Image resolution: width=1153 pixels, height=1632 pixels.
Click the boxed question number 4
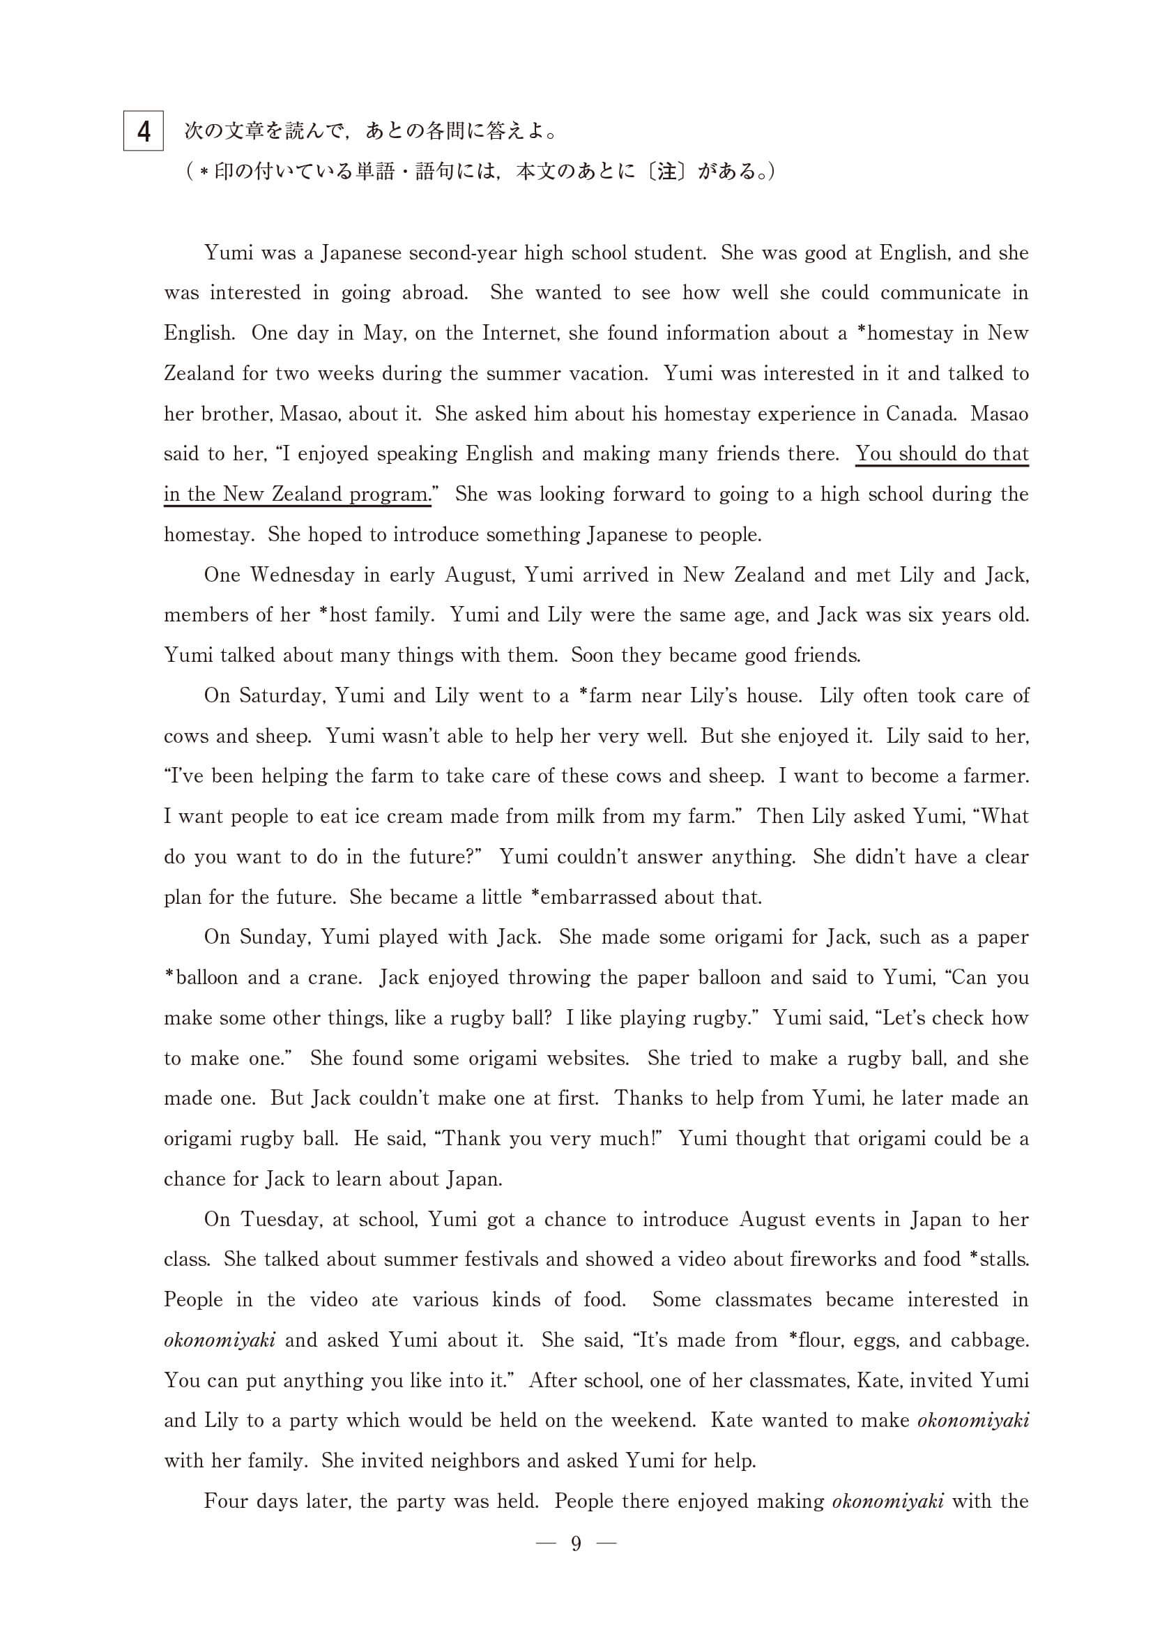coord(144,131)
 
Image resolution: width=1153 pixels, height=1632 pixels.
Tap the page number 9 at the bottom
coord(576,1543)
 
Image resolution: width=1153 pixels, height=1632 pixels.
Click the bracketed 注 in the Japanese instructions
coord(666,172)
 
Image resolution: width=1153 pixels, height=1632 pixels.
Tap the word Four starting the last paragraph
coord(226,1500)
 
